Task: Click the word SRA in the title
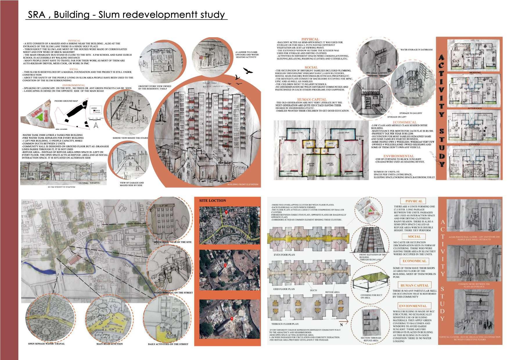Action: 36,15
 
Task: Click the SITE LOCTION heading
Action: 212,201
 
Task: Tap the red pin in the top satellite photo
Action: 226,212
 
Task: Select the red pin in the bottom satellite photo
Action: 232,319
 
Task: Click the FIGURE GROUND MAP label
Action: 66,101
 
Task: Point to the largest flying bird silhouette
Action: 248,71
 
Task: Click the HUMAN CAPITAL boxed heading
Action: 414,285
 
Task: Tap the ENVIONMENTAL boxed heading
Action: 412,306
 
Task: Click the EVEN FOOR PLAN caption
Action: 284,255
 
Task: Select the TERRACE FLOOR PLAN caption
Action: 285,324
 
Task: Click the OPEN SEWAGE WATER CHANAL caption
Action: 46,344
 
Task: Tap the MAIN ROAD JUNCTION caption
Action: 109,344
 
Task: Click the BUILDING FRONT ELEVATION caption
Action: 242,184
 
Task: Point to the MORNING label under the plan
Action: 475,73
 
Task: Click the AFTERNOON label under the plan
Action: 474,108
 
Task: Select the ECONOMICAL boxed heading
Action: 414,261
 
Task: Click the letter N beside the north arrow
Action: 341,325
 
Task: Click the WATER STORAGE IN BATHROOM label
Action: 416,50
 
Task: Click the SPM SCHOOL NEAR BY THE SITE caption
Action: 172,242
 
